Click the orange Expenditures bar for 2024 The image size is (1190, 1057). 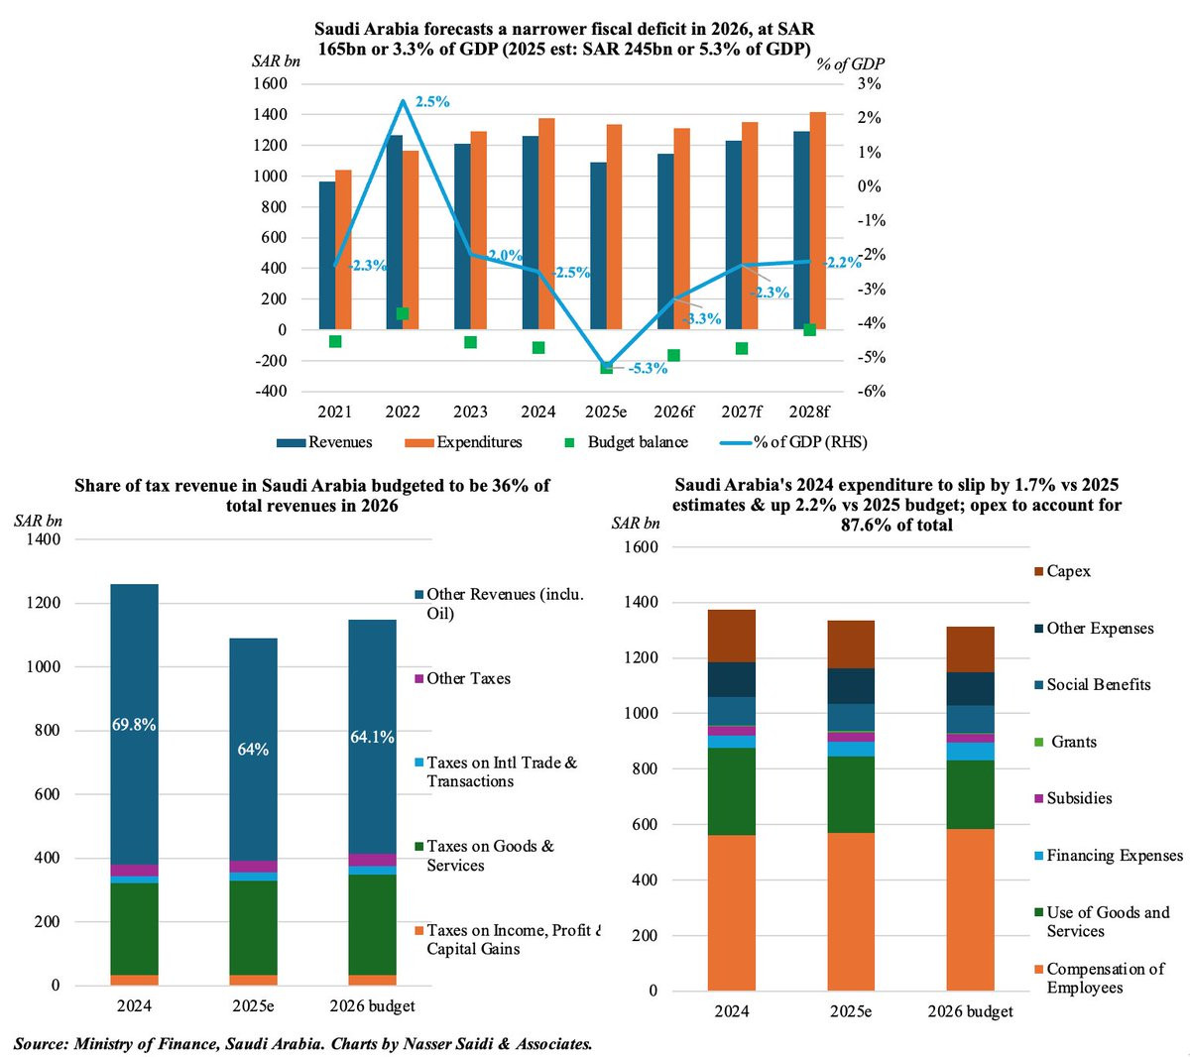point(546,224)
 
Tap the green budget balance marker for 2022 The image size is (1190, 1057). point(403,313)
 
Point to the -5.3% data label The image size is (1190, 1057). point(647,368)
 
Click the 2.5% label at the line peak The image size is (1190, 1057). point(432,102)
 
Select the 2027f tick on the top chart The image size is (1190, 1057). point(742,411)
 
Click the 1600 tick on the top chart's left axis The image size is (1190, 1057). point(270,84)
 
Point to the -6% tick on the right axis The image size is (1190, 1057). point(870,392)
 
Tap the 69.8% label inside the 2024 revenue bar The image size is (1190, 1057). point(134,725)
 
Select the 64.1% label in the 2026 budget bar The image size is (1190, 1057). point(372,737)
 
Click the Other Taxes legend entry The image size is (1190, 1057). point(468,679)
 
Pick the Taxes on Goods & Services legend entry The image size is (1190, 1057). point(490,856)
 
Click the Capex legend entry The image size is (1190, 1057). point(1068,571)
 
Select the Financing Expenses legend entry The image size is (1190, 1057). point(1114,856)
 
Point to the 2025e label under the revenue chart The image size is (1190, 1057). point(253,1006)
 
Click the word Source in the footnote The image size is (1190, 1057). point(41,1043)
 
